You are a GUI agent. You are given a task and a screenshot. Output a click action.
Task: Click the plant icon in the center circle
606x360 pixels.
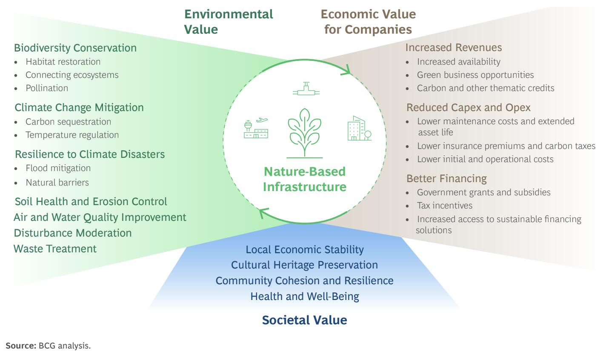point(305,131)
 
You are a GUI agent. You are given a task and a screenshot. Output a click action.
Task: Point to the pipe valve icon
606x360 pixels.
point(306,89)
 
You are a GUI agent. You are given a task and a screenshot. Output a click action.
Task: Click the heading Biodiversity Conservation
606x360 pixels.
point(75,48)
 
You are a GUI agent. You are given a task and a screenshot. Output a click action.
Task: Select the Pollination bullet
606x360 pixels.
point(47,88)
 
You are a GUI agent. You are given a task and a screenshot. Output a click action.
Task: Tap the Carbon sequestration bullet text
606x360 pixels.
point(68,122)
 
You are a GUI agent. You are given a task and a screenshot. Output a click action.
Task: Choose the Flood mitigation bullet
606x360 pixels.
point(58,168)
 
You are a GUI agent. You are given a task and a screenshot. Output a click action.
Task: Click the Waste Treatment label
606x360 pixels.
point(55,249)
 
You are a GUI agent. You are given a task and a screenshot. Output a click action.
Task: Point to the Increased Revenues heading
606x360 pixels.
point(454,47)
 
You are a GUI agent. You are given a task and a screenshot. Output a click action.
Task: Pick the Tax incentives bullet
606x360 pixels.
point(445,206)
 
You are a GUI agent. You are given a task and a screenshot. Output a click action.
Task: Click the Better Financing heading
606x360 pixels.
point(446,178)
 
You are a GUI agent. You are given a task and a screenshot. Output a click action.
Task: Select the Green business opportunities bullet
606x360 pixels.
point(475,75)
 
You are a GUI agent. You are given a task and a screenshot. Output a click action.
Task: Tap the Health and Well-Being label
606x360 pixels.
point(305,297)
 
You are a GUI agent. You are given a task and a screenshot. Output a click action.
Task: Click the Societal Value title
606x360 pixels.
point(304,320)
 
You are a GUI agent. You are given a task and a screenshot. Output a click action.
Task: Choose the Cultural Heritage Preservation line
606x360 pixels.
point(304,265)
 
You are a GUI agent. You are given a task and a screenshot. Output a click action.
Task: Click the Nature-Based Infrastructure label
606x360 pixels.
point(304,179)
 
